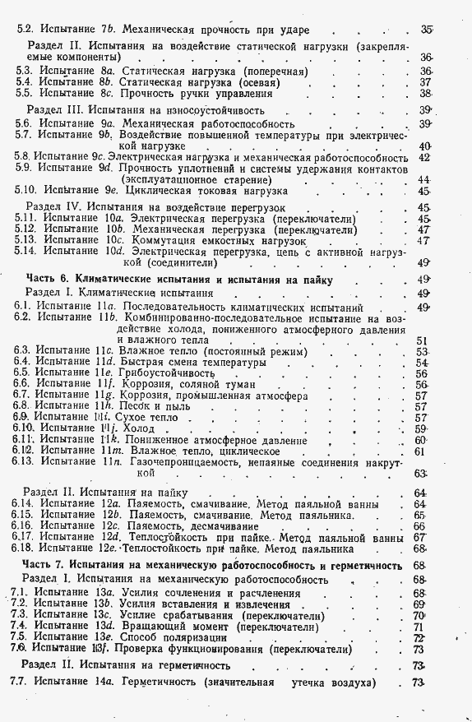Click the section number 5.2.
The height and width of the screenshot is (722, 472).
pyautogui.click(x=25, y=30)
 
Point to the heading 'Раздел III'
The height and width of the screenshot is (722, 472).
pyautogui.click(x=54, y=109)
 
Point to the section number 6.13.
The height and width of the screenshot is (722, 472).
pyautogui.click(x=22, y=462)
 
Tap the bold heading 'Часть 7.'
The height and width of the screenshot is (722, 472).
pyautogui.click(x=42, y=566)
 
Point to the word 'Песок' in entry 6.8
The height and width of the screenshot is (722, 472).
pyautogui.click(x=135, y=406)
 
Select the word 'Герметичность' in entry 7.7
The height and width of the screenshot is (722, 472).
pyautogui.click(x=156, y=683)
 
